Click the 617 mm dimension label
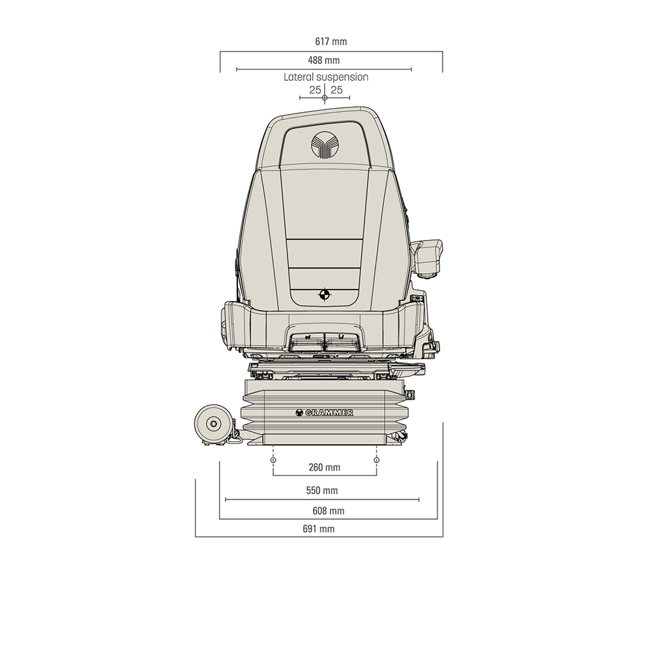(x=331, y=42)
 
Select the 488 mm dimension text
(x=324, y=61)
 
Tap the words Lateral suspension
(x=325, y=77)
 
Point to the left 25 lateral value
(x=315, y=90)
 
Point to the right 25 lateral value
(x=336, y=90)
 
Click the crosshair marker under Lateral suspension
(x=325, y=98)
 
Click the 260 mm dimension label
(x=324, y=467)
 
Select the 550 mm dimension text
(x=322, y=490)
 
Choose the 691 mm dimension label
(x=318, y=529)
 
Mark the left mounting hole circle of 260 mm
(x=273, y=460)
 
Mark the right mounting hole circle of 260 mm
(x=376, y=460)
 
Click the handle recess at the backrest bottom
(x=324, y=340)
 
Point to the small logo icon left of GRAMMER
(x=299, y=412)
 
